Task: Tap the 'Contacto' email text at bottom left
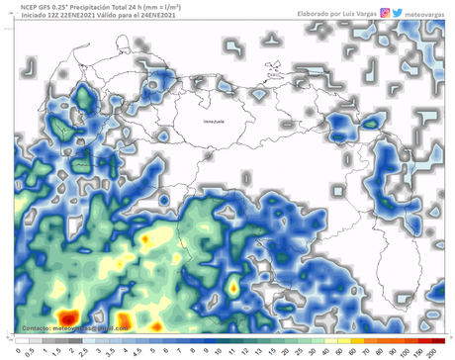(x=69, y=327)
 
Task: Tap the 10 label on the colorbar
(x=217, y=351)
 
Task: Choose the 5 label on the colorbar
(x=149, y=351)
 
